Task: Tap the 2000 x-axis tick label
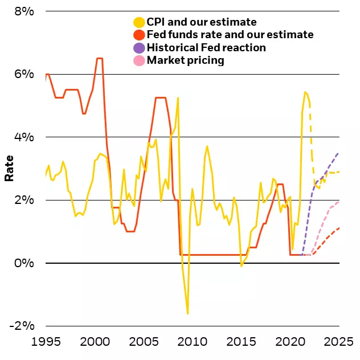click(95, 342)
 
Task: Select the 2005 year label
click(144, 342)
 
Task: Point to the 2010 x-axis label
click(193, 342)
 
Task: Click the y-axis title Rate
click(9, 169)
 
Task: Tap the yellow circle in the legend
click(138, 23)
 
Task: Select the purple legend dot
click(138, 48)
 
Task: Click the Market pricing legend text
click(185, 60)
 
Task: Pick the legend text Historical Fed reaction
click(206, 48)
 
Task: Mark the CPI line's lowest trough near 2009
click(187, 313)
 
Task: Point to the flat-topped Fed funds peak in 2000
click(100, 58)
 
